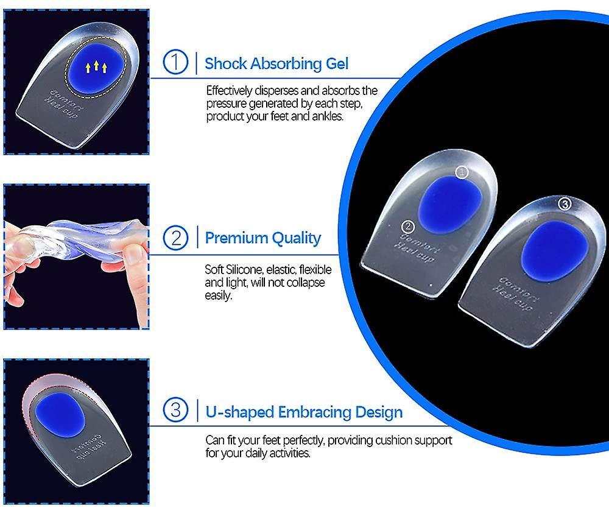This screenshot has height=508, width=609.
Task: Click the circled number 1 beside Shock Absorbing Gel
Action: pyautogui.click(x=175, y=62)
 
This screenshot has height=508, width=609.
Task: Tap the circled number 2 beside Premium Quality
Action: pyautogui.click(x=175, y=238)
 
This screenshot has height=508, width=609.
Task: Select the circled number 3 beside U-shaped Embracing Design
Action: pyautogui.click(x=175, y=410)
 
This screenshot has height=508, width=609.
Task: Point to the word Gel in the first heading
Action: pyautogui.click(x=337, y=64)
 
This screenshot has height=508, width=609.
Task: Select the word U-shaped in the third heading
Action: pyautogui.click(x=239, y=412)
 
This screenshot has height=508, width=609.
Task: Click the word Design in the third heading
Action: pyautogui.click(x=379, y=412)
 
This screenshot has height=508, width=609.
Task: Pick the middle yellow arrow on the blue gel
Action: pyautogui.click(x=96, y=65)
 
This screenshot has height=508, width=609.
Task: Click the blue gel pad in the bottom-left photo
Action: pyautogui.click(x=60, y=413)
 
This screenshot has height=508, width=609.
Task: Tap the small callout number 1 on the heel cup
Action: pyautogui.click(x=462, y=172)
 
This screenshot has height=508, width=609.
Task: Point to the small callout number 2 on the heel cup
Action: pyautogui.click(x=408, y=226)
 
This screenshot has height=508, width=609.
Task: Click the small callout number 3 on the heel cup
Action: pyautogui.click(x=565, y=203)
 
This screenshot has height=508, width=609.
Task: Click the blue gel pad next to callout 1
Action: pyautogui.click(x=450, y=205)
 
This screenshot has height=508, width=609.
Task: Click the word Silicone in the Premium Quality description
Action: pyautogui.click(x=245, y=270)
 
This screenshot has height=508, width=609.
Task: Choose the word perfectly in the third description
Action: pyautogui.click(x=303, y=440)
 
